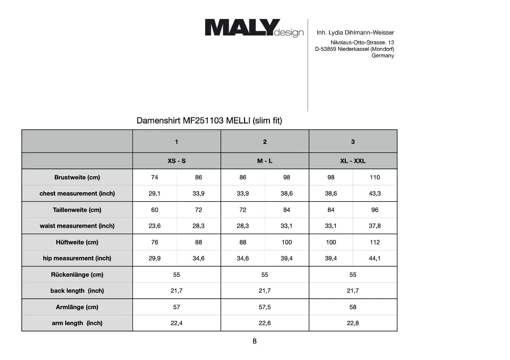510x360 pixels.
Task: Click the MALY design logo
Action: pos(254,28)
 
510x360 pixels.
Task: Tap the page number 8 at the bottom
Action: pos(255,342)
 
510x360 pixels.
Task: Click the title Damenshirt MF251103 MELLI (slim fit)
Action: pos(209,120)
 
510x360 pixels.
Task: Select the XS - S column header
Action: pos(176,161)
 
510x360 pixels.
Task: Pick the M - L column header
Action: pos(264,161)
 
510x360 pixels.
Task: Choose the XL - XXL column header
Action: pos(353,161)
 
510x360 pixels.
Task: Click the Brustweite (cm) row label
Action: pos(77,177)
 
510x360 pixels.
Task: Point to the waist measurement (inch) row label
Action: pos(77,226)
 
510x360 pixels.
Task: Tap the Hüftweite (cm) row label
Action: pos(77,242)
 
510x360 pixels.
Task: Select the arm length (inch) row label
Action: pos(77,323)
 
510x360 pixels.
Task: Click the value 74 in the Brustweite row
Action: pos(154,177)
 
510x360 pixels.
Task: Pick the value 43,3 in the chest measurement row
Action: pos(375,194)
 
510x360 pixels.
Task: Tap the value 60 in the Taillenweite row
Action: pos(154,210)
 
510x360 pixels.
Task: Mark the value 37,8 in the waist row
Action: pos(375,226)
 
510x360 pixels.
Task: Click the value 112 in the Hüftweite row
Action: pos(375,242)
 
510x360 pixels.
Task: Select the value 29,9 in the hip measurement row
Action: pos(154,258)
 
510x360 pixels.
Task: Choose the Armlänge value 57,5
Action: pos(264,307)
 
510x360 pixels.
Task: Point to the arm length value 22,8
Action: pos(353,323)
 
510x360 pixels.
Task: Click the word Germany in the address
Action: pos(382,56)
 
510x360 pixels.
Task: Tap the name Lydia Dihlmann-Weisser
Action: pos(362,33)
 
